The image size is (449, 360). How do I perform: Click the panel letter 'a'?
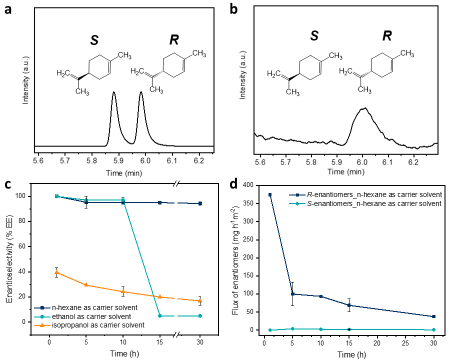click(8, 10)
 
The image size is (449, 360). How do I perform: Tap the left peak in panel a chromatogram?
click(114, 92)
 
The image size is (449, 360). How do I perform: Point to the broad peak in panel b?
click(364, 108)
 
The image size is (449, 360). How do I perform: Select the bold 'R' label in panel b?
click(386, 36)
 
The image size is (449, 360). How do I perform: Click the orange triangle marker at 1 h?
click(56, 272)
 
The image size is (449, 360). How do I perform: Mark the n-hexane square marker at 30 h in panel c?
click(200, 203)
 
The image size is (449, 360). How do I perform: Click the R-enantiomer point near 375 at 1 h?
click(270, 194)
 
